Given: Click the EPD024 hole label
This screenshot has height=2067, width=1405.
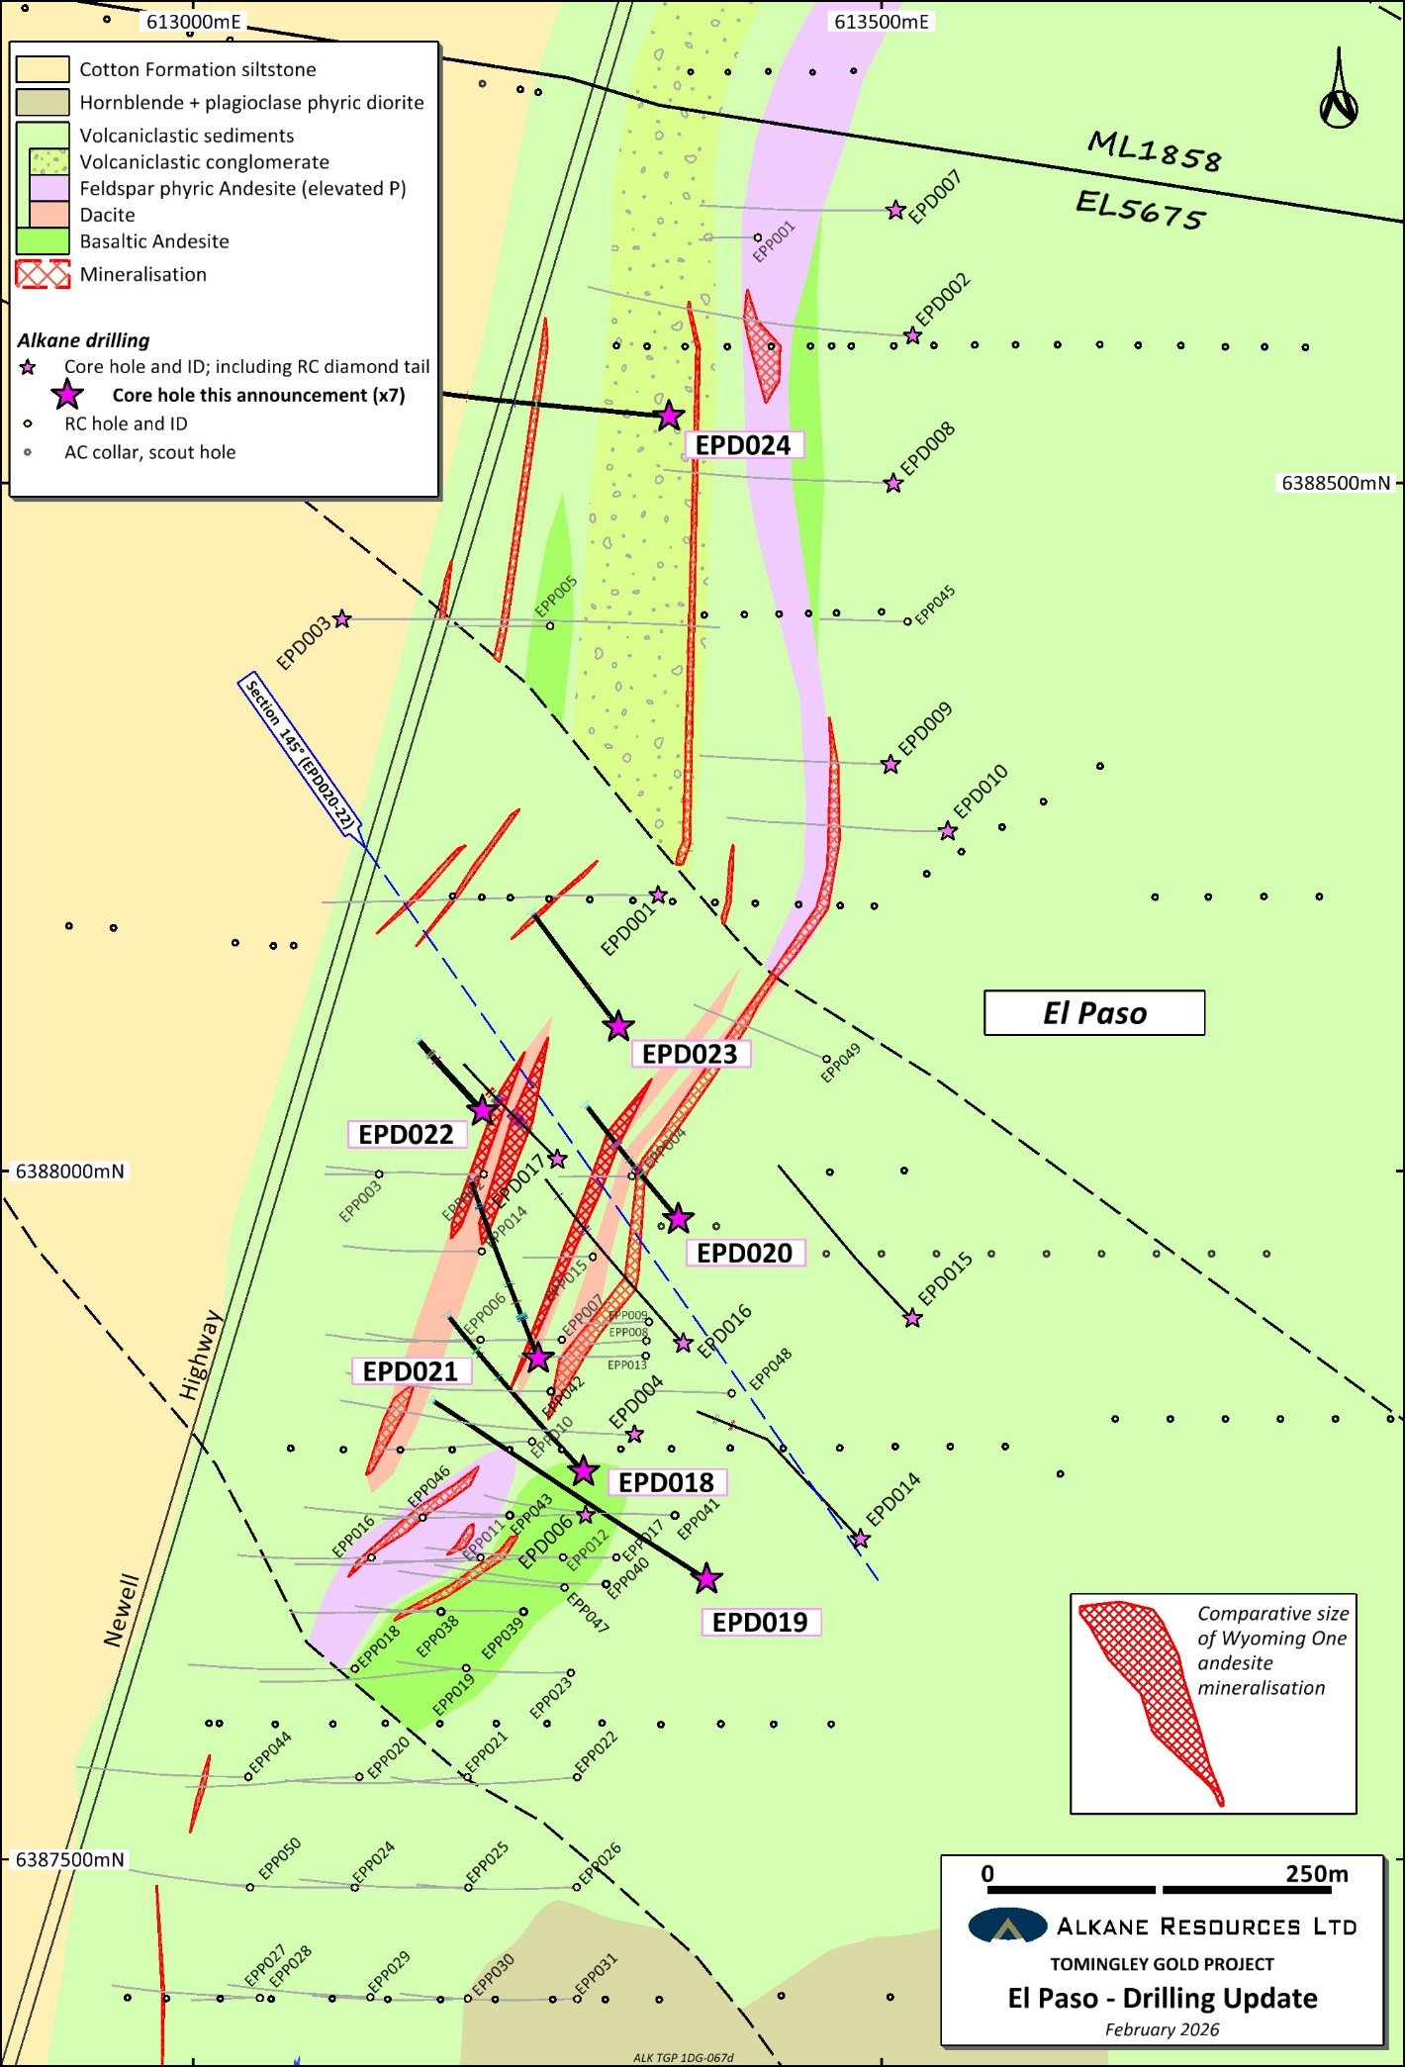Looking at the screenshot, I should coord(743,445).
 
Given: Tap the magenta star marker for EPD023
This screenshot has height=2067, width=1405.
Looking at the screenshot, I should coord(618,1026).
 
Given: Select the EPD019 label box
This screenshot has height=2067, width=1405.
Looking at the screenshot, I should coord(760,1622).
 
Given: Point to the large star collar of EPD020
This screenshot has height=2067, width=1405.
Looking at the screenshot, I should coord(678,1219).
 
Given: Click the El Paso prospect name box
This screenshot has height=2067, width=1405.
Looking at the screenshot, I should coord(1094,1013).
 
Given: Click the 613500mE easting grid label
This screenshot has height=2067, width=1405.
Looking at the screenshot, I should coord(881,22).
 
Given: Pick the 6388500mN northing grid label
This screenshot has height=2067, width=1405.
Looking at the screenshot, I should coord(1336,483).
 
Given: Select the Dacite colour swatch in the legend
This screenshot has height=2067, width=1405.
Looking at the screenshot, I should coord(43,215).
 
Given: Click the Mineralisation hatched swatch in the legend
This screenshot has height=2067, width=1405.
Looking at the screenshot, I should coord(43,274).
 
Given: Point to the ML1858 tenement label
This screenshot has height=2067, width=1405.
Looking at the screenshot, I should coord(1155,151).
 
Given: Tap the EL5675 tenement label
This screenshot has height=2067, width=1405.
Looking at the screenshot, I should coord(1141,210).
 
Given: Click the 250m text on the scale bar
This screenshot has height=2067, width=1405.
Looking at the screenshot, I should coord(1316,1874).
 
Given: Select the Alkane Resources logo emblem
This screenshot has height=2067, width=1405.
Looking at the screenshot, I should coord(1007,1926).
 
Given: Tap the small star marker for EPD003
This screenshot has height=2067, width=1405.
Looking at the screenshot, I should coord(342,619).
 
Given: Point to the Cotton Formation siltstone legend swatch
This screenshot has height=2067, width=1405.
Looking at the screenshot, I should coord(43,69).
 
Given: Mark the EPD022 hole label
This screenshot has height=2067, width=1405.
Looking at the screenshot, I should coord(406,1134).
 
